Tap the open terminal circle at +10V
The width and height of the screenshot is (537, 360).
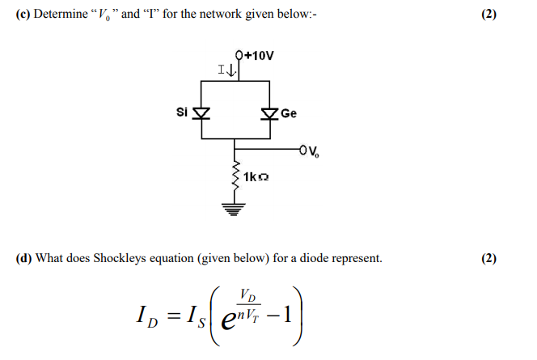(239, 56)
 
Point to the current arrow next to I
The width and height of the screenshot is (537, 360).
(232, 72)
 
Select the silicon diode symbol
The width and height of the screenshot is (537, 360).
(200, 113)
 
